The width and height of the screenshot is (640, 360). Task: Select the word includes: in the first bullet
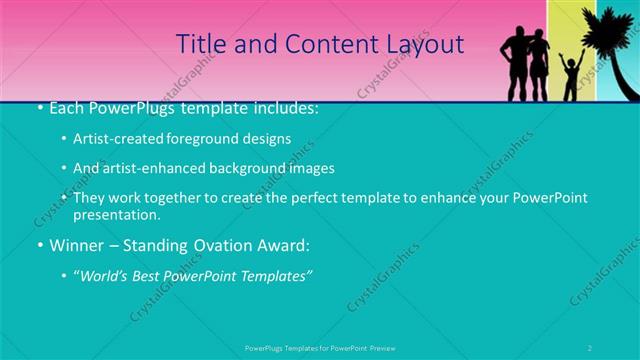tap(284, 107)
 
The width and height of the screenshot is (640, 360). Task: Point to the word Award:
tap(287, 245)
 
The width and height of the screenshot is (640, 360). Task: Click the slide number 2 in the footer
tap(590, 348)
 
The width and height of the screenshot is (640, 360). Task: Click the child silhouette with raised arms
tap(570, 77)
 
